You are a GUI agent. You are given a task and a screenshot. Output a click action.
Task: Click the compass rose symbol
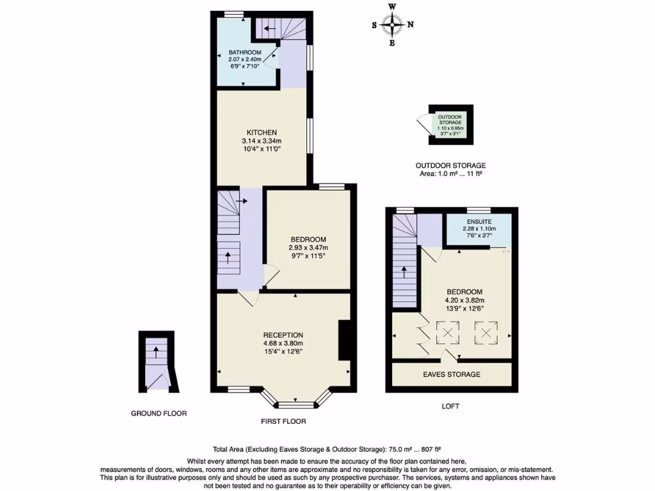[x=392, y=25]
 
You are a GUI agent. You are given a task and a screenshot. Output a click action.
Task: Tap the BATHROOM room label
[x=246, y=52]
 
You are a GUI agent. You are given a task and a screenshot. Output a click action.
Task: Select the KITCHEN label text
[x=262, y=132]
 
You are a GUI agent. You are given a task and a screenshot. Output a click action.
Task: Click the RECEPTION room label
[x=283, y=335]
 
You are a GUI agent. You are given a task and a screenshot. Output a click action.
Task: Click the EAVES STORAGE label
[x=452, y=374]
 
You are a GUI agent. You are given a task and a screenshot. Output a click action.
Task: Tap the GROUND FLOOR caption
[x=159, y=414]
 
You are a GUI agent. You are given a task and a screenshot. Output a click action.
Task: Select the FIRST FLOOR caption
[x=283, y=421]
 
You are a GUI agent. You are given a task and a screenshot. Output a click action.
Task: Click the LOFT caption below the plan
[x=450, y=406]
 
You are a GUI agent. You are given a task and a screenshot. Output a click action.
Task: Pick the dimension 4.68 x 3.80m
[x=283, y=343]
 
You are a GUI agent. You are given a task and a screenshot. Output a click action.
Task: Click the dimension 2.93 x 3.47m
[x=308, y=248]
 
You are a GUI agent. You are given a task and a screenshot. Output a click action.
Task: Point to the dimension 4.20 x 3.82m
[x=464, y=300]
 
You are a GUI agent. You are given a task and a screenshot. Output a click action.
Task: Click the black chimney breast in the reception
[x=344, y=341]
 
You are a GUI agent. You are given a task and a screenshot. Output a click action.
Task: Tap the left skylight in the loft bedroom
[x=447, y=332]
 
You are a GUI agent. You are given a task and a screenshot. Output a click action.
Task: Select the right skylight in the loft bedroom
[x=485, y=332]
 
